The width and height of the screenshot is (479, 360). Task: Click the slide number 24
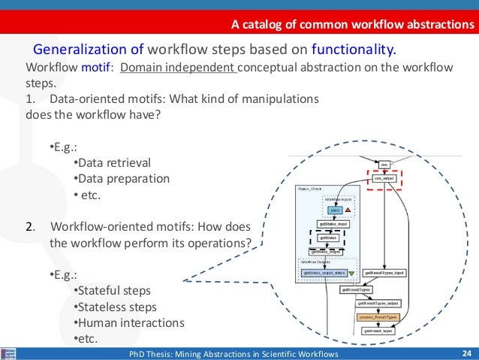point(466,353)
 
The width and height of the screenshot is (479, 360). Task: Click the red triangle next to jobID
point(348,209)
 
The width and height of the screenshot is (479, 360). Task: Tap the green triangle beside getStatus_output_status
point(351,273)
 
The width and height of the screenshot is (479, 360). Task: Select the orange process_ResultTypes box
point(378,317)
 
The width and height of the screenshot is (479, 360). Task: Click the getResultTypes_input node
point(384,273)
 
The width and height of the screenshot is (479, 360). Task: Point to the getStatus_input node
point(333,224)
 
